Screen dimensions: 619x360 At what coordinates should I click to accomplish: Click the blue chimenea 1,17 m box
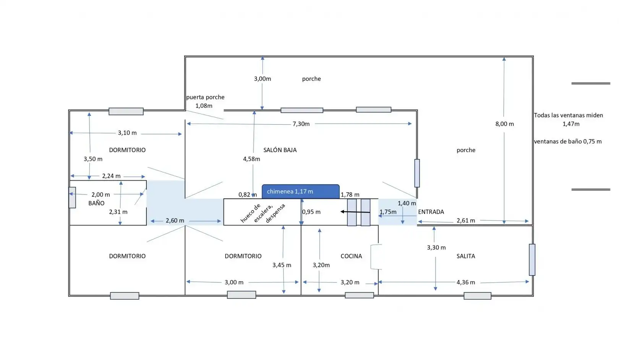point(301,191)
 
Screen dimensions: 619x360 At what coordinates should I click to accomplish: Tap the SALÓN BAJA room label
point(280,150)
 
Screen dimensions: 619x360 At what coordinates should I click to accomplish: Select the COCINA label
point(351,256)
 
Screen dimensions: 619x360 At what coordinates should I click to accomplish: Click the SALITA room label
point(466,256)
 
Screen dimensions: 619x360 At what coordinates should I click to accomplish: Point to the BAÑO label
point(96,203)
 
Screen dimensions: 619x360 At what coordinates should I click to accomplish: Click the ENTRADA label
point(431,212)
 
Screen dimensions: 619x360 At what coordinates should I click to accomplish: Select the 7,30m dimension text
point(301,124)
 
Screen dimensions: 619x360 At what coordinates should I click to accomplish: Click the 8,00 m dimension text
point(505,124)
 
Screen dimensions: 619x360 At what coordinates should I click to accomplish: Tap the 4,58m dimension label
point(251,159)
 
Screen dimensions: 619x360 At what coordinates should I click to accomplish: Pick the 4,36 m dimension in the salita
point(466,282)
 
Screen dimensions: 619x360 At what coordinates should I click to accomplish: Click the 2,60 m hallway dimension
point(175,221)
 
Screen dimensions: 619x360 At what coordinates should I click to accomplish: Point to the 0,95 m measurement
point(311,212)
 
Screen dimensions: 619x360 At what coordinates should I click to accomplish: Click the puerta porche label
point(205,97)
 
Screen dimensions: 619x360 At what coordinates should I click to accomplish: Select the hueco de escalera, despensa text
point(263,213)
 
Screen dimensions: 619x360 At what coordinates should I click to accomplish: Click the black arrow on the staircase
point(355,212)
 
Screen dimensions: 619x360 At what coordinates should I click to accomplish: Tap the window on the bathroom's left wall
point(72,198)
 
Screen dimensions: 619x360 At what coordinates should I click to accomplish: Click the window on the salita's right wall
point(532,260)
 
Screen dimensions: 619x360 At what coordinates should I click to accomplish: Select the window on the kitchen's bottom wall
point(359,295)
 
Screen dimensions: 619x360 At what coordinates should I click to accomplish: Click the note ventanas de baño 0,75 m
point(567,141)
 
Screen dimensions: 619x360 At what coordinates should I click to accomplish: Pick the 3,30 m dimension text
point(436,248)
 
